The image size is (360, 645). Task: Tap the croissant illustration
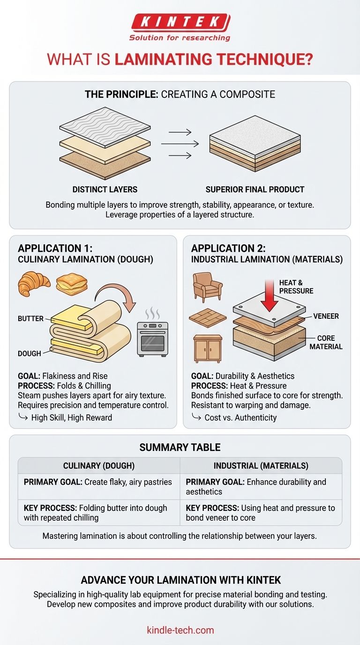34,284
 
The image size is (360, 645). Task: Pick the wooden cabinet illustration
207,349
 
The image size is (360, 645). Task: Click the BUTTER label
30,318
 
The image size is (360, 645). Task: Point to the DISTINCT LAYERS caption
105,189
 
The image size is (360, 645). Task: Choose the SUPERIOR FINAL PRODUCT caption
255,189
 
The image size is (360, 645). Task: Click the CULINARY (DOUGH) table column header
98,465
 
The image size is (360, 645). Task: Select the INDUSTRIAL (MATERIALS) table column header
261,465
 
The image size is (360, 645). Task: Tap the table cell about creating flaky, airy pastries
98,482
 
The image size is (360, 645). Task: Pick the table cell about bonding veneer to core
261,513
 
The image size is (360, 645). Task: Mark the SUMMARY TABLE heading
180,448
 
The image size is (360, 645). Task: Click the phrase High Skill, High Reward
72,417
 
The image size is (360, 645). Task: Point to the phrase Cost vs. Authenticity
240,417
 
